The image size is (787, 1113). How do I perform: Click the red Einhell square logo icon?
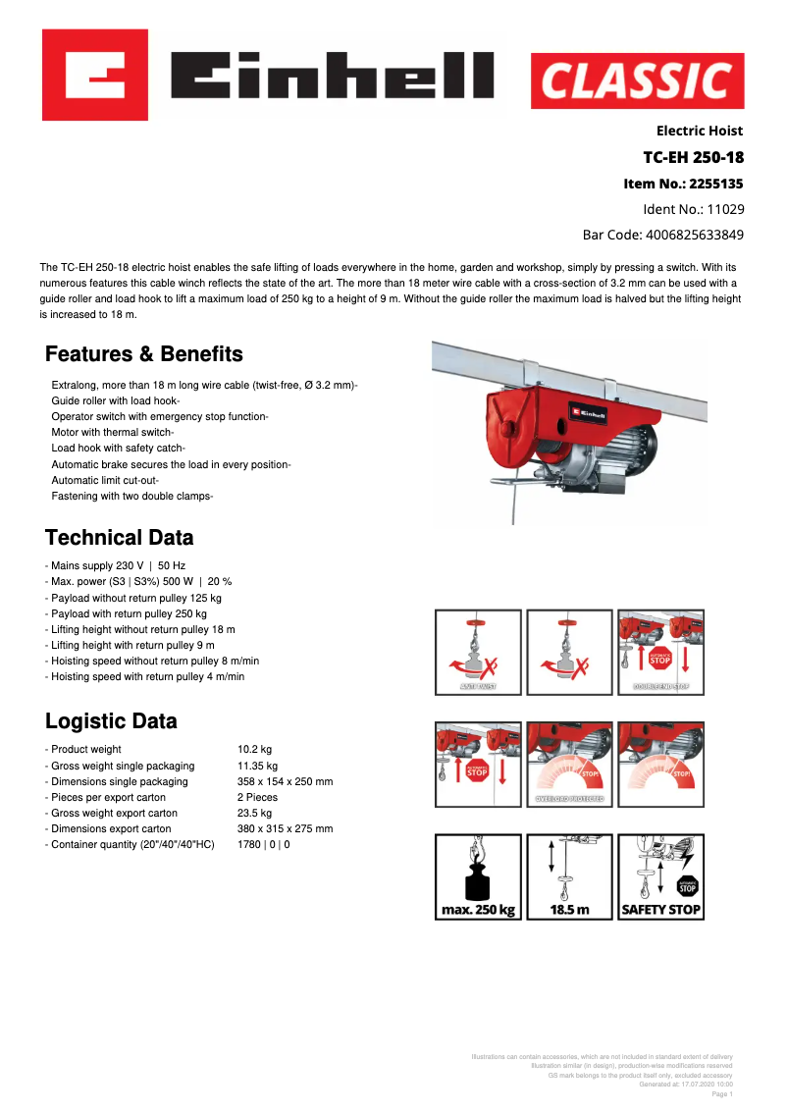pyautogui.click(x=95, y=75)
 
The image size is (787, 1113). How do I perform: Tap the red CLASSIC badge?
pyautogui.click(x=637, y=80)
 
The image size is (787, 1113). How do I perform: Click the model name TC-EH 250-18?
pyautogui.click(x=693, y=157)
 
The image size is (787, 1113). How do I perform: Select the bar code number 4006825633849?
pyautogui.click(x=694, y=235)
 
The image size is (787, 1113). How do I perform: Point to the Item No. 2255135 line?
pyautogui.click(x=683, y=184)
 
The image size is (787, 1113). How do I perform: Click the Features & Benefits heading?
pyautogui.click(x=144, y=354)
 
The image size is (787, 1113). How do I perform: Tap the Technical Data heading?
pyautogui.click(x=120, y=538)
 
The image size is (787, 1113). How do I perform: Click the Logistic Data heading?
pyautogui.click(x=112, y=721)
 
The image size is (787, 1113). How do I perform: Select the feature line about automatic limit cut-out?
pyautogui.click(x=105, y=480)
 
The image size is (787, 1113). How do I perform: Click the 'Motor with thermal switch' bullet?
pyautogui.click(x=112, y=433)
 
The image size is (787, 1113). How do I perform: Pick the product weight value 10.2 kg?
pyautogui.click(x=254, y=750)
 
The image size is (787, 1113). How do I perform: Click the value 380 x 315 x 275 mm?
pyautogui.click(x=285, y=828)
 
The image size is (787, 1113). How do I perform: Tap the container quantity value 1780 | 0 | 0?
pyautogui.click(x=263, y=844)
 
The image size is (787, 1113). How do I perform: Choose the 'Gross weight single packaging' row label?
pyautogui.click(x=122, y=766)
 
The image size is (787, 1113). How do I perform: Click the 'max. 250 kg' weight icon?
pyautogui.click(x=478, y=876)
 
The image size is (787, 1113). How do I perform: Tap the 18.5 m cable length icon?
pyautogui.click(x=569, y=876)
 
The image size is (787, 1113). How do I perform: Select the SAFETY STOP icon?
pyautogui.click(x=660, y=876)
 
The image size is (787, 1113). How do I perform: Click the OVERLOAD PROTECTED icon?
pyautogui.click(x=569, y=765)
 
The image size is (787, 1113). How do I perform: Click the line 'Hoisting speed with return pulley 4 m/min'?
pyautogui.click(x=147, y=676)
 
